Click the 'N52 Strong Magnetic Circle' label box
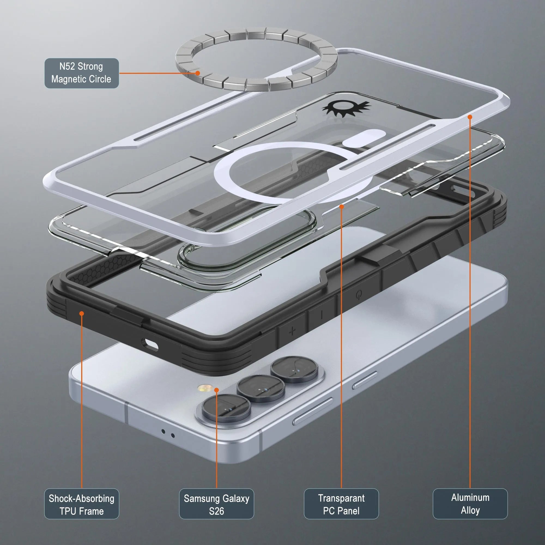[81, 73]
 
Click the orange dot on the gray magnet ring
[198, 73]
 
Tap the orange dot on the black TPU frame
[81, 313]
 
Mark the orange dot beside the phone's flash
[216, 390]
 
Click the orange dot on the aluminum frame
[470, 117]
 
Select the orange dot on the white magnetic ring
[341, 207]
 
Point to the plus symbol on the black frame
[292, 331]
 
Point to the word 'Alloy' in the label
[470, 510]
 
